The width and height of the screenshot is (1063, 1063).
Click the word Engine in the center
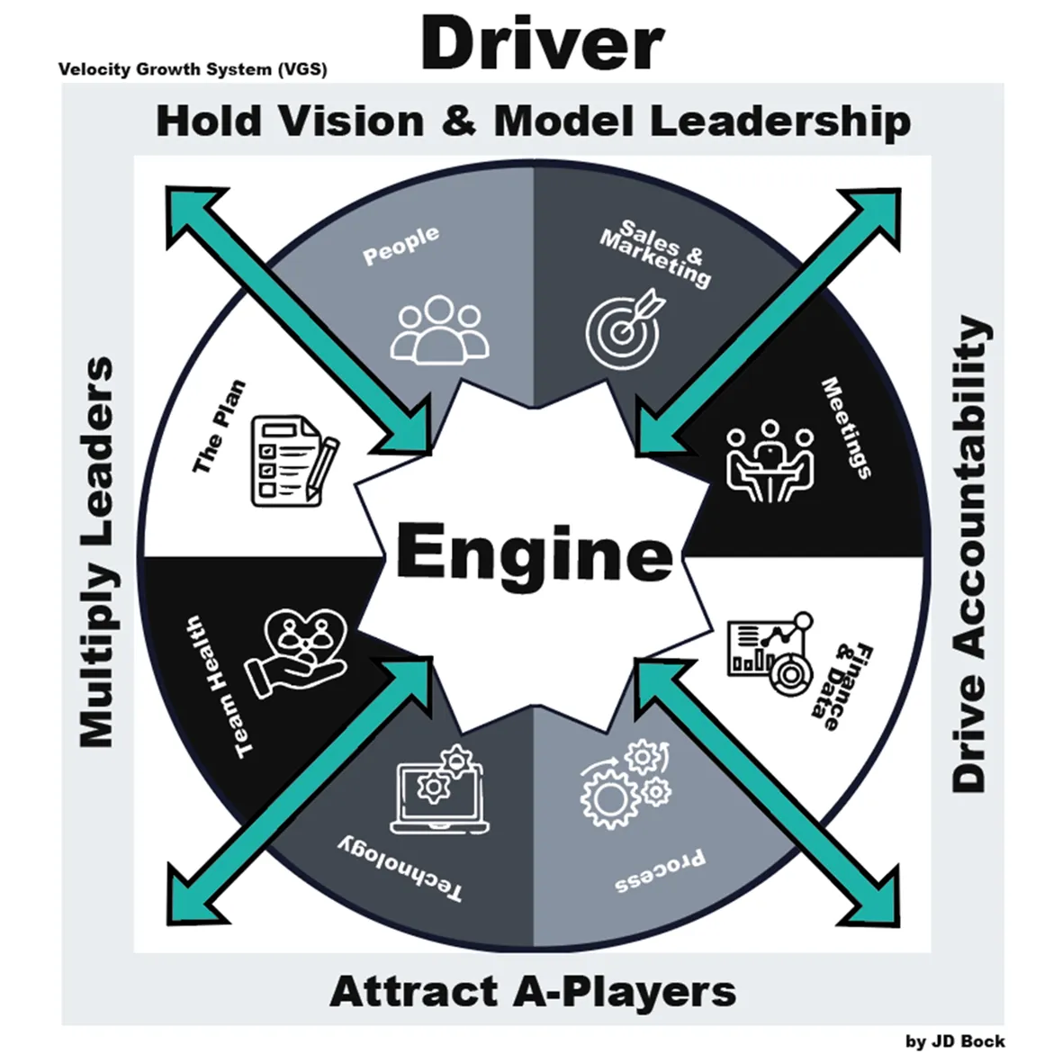534,553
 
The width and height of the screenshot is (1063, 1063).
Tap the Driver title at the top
543,44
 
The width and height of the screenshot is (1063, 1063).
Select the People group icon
440,330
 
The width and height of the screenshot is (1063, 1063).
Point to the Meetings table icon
770,461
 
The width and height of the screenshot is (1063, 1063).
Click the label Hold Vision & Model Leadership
533,122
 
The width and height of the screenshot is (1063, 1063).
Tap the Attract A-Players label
533,992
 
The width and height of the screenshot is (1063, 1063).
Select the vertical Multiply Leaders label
97,553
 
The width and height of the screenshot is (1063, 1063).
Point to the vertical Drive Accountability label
970,553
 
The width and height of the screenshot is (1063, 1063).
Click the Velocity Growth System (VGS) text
193,69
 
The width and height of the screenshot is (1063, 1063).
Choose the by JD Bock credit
954,1041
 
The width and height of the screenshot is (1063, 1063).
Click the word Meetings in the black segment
847,428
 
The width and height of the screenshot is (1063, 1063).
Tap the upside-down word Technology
401,869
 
